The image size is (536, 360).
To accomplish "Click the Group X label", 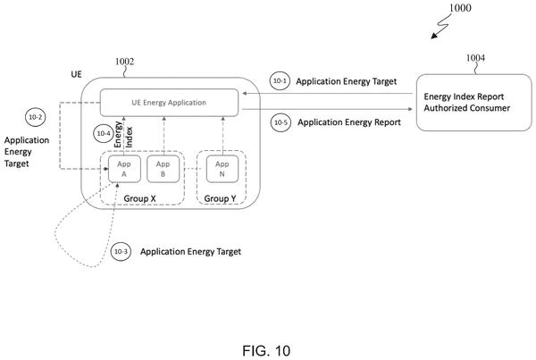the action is point(139,198).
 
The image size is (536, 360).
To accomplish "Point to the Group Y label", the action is point(220,198).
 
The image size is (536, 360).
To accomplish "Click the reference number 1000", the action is point(460,8).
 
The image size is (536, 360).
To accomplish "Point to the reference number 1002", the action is point(124,62).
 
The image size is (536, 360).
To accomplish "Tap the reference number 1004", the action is point(475,58).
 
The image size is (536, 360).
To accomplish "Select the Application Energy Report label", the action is point(349,122).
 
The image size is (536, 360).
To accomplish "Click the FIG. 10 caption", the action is point(266,351).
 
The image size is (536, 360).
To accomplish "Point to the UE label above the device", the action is point(76,74).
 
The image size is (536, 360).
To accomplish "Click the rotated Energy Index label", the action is point(123,135).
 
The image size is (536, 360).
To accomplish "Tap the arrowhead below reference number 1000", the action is point(433,36).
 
